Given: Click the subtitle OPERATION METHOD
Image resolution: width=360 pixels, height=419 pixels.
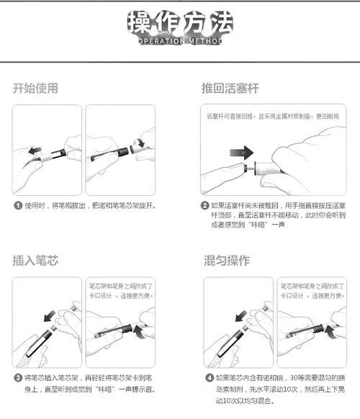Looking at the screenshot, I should (180, 41).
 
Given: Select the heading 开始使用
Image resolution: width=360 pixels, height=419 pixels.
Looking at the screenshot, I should (35, 89).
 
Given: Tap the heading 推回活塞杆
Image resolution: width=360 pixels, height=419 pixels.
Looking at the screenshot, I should (230, 89).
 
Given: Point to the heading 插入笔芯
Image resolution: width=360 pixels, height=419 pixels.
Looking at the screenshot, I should (35, 261).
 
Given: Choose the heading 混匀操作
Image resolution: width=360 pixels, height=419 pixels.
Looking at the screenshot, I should (228, 261).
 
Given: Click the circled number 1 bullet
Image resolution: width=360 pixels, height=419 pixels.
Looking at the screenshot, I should (17, 205).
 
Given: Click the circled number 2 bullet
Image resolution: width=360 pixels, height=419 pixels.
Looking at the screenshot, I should (205, 205).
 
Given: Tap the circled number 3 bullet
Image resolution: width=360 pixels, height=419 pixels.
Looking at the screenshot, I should (17, 377).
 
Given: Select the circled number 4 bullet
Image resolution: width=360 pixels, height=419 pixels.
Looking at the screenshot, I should (209, 377).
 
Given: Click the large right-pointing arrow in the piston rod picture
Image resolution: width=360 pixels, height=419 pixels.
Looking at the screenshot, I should (243, 153).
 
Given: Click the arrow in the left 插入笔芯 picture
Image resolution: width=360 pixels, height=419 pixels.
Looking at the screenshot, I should (48, 315).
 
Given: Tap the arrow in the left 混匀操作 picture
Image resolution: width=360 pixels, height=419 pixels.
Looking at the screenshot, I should (239, 315).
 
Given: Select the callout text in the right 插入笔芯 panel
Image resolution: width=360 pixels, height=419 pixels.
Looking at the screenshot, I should (120, 291).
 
